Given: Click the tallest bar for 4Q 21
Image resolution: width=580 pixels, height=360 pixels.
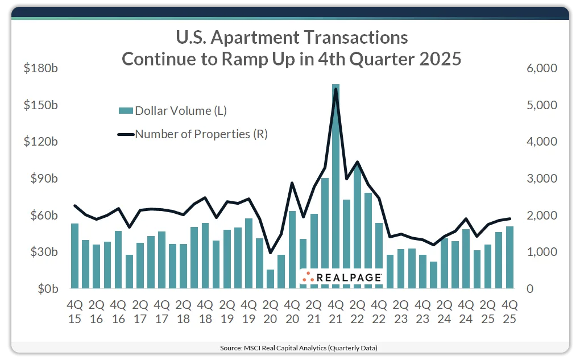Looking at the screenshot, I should pyautogui.click(x=335, y=188).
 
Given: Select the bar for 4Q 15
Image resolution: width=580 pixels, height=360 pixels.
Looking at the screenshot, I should pyautogui.click(x=74, y=256).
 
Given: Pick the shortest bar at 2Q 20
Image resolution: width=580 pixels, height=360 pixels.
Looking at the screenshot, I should pyautogui.click(x=270, y=279).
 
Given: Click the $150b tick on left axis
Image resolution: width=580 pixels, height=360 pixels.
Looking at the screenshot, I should pyautogui.click(x=40, y=106).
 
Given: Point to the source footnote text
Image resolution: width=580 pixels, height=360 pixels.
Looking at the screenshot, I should pyautogui.click(x=289, y=347).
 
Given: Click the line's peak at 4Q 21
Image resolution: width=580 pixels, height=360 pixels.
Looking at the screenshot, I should pyautogui.click(x=335, y=89).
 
